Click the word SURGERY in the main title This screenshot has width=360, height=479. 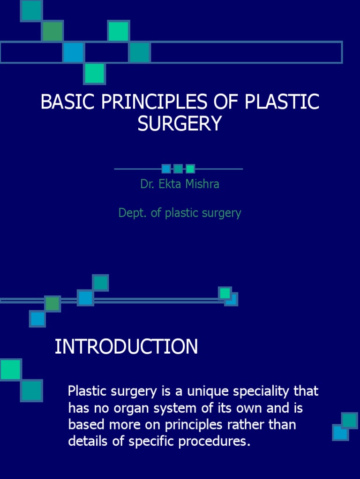[180, 123]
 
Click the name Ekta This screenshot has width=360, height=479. [169, 184]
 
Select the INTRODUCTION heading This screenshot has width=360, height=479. [126, 347]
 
